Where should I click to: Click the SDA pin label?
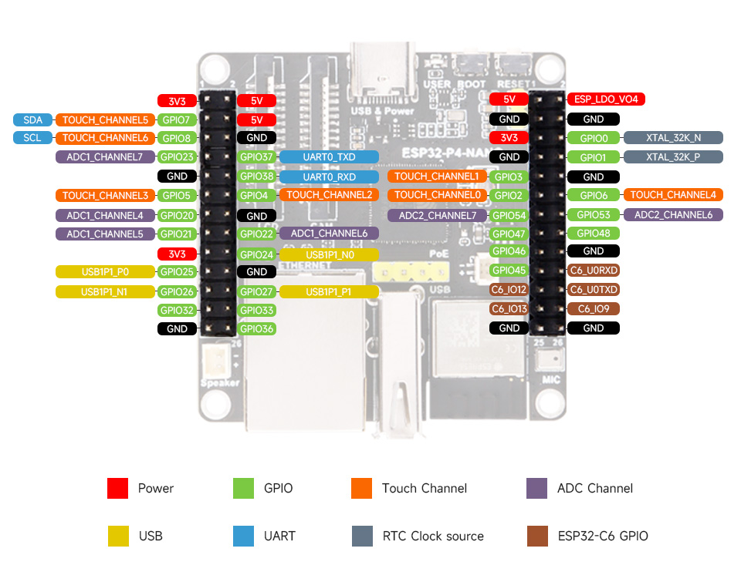pos(32,119)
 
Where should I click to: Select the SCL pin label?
pos(32,138)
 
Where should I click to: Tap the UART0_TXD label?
pos(329,156)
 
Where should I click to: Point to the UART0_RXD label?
pos(329,177)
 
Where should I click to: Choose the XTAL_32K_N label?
pos(673,138)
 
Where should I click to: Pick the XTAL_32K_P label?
pos(673,157)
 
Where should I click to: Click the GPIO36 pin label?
pos(256,328)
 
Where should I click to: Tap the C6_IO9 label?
pos(594,308)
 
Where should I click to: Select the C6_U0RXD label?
pos(594,271)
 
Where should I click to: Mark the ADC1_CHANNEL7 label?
pos(104,157)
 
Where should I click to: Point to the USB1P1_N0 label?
pos(329,254)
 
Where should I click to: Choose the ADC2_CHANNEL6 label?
pos(673,214)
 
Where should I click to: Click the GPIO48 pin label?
pos(594,233)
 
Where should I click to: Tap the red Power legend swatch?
pos(117,488)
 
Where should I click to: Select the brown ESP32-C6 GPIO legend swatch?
pos(536,536)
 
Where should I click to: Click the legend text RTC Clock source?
pos(432,536)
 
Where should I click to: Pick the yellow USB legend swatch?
pos(117,536)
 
